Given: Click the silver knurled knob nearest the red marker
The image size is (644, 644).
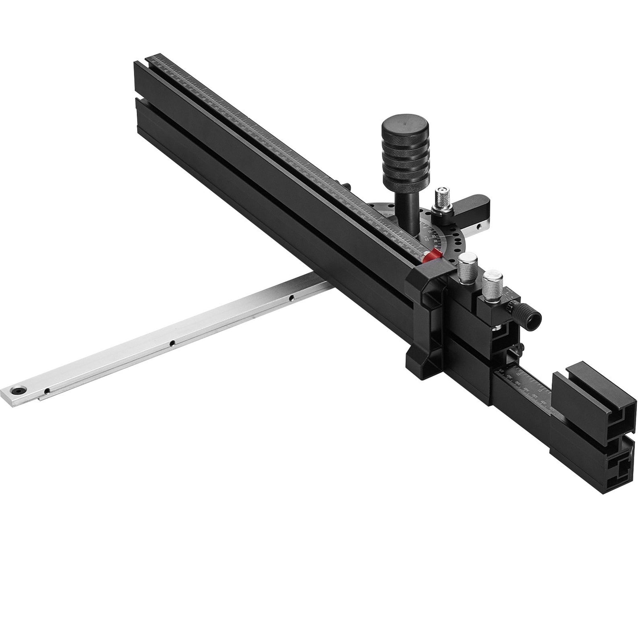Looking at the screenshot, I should [468, 267].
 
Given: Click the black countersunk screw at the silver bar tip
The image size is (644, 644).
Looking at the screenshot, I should [18, 390].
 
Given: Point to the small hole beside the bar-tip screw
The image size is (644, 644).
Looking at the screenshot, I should [47, 392].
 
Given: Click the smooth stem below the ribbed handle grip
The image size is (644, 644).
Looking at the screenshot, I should [408, 201].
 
